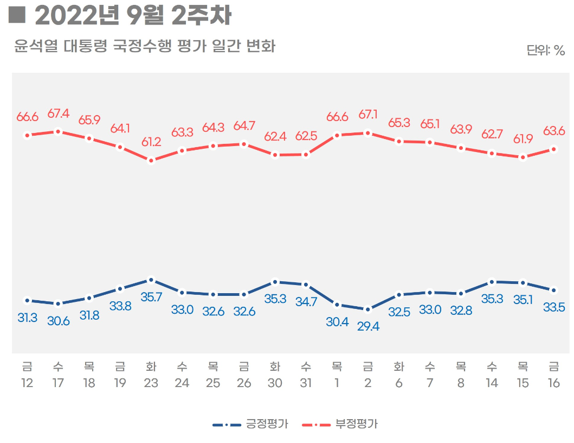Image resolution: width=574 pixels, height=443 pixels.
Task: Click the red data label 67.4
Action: pyautogui.click(x=58, y=113)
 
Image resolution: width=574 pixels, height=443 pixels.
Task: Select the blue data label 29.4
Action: pyautogui.click(x=368, y=327)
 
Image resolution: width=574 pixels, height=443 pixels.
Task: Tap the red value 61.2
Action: pyautogui.click(x=151, y=142)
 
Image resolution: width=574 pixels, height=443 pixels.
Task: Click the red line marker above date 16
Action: pyautogui.click(x=554, y=149)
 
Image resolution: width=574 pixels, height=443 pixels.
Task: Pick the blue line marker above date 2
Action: pyautogui.click(x=368, y=309)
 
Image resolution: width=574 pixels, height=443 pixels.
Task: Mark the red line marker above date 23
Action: pyautogui.click(x=151, y=160)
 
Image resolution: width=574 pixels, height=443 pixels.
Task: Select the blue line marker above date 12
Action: pyautogui.click(x=27, y=300)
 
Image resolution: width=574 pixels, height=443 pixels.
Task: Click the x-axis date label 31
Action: pyautogui.click(x=306, y=383)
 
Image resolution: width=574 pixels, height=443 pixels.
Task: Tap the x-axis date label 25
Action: pyautogui.click(x=213, y=383)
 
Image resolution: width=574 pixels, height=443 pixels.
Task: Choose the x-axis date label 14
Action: pyautogui.click(x=492, y=383)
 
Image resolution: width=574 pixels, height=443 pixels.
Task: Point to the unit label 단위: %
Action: pyautogui.click(x=545, y=50)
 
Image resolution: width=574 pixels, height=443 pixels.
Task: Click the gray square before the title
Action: pyautogui.click(x=17, y=15)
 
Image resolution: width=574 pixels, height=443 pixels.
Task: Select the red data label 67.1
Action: pyautogui.click(x=368, y=115)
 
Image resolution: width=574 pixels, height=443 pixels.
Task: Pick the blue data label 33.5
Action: pyautogui.click(x=554, y=308)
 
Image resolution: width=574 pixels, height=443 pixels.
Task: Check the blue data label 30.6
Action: pyautogui.click(x=58, y=321)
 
